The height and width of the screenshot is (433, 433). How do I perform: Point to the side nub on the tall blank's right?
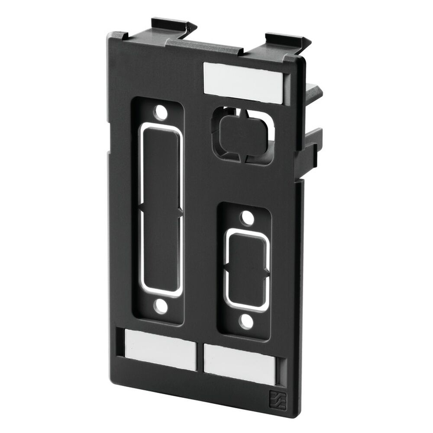coord(179,212)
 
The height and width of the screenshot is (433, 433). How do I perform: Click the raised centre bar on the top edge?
coord(208,46)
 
